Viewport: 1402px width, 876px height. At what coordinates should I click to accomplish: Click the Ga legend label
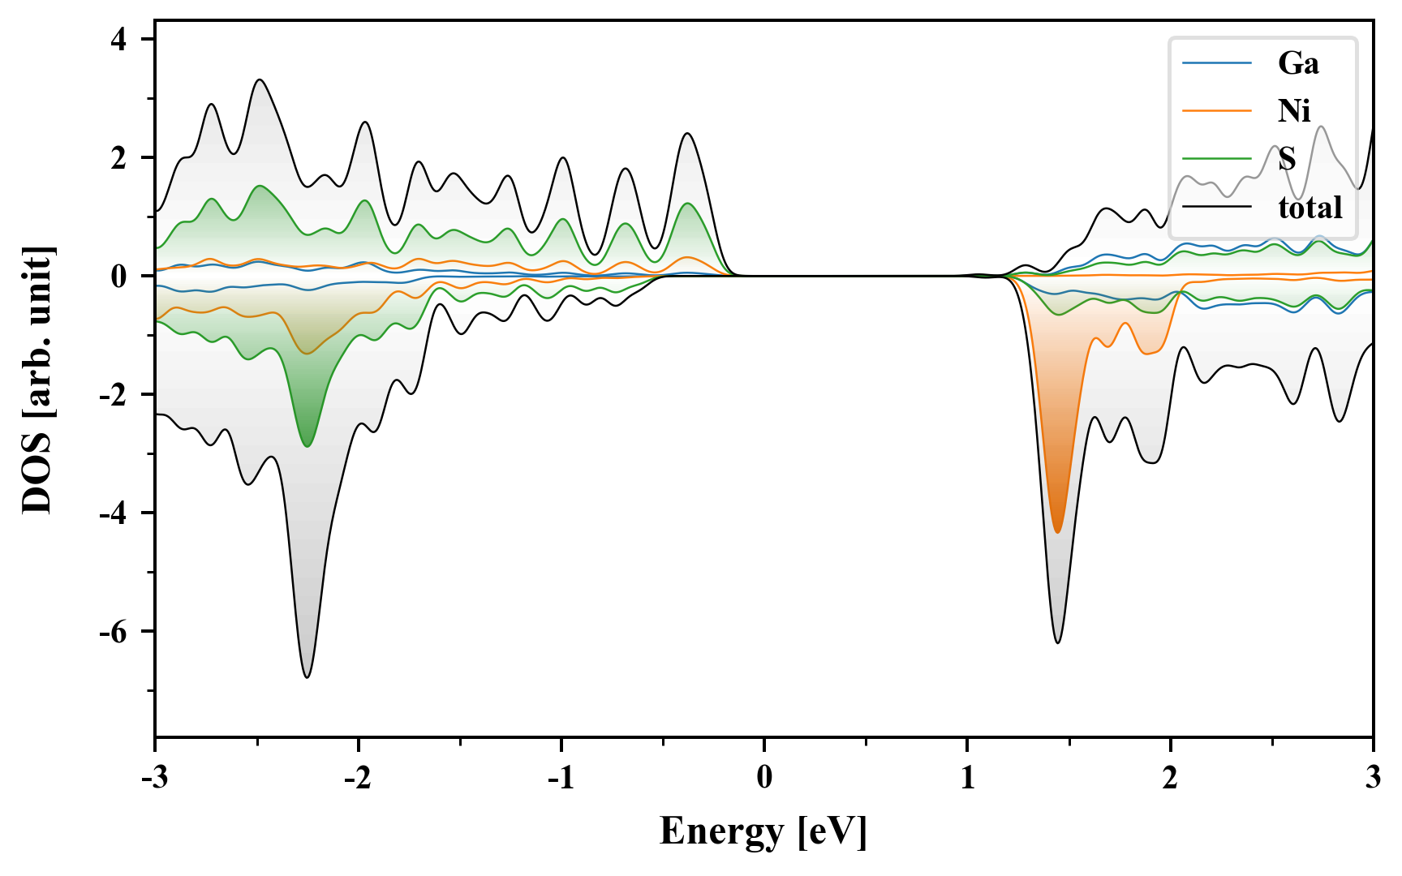click(1298, 63)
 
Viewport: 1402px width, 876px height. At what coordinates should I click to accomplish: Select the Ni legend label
click(1294, 111)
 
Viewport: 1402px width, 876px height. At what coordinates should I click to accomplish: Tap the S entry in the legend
click(1287, 159)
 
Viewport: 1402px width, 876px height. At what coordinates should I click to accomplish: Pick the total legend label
click(1310, 208)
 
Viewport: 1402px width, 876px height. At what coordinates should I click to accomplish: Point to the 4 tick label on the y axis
click(119, 39)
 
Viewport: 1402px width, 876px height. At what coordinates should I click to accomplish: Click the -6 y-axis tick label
click(114, 631)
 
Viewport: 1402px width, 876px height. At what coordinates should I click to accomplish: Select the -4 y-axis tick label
click(114, 513)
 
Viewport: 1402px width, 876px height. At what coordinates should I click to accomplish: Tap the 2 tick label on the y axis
click(119, 157)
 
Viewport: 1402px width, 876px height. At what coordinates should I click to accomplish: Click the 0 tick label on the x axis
click(764, 778)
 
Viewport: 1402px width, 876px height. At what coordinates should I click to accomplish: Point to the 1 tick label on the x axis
click(967, 778)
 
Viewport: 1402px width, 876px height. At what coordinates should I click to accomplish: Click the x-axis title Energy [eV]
click(763, 831)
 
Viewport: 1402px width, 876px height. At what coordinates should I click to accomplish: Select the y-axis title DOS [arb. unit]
click(37, 380)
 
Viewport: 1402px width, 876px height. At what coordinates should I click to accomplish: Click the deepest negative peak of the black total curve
click(307, 676)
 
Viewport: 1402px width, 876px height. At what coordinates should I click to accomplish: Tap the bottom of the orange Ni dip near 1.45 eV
click(1057, 531)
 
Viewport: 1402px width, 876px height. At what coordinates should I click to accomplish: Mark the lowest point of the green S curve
click(307, 446)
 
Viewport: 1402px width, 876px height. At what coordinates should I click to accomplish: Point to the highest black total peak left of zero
click(260, 79)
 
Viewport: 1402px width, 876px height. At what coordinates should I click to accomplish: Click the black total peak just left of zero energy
click(687, 133)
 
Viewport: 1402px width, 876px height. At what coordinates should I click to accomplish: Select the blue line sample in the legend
click(1217, 63)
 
